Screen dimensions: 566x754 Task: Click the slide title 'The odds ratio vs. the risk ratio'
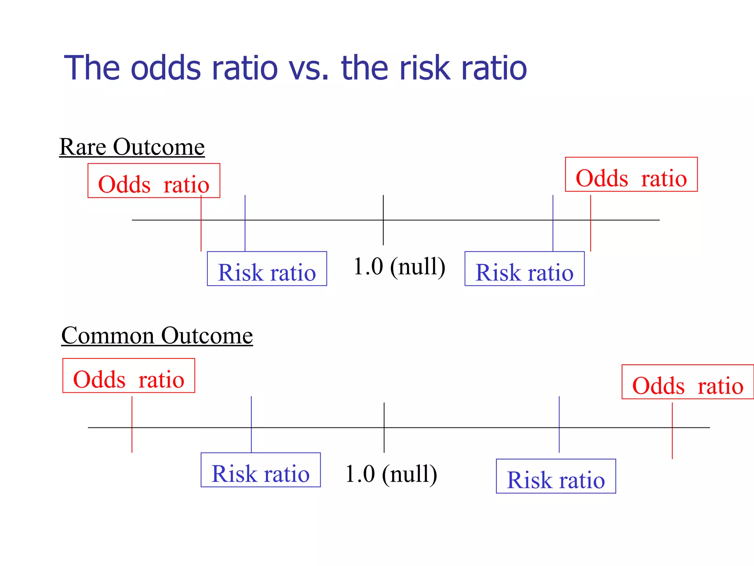tap(295, 68)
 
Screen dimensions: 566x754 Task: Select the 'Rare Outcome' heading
tap(132, 147)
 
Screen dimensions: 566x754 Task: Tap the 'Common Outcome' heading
tap(157, 336)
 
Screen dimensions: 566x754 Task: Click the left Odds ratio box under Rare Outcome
tap(154, 181)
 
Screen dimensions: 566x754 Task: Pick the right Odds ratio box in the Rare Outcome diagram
tap(631, 175)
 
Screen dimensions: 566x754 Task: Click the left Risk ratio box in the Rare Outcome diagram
tap(267, 269)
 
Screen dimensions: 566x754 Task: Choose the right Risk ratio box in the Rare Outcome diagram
tap(524, 269)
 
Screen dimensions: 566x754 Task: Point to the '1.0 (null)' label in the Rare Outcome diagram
tap(399, 266)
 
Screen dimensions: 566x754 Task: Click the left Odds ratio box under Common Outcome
tap(129, 376)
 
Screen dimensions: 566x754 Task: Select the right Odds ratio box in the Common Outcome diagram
tap(687, 382)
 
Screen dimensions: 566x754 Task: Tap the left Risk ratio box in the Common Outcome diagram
tap(261, 470)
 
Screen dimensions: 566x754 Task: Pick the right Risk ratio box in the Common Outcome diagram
tap(556, 476)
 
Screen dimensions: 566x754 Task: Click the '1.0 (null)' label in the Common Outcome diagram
tap(391, 474)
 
